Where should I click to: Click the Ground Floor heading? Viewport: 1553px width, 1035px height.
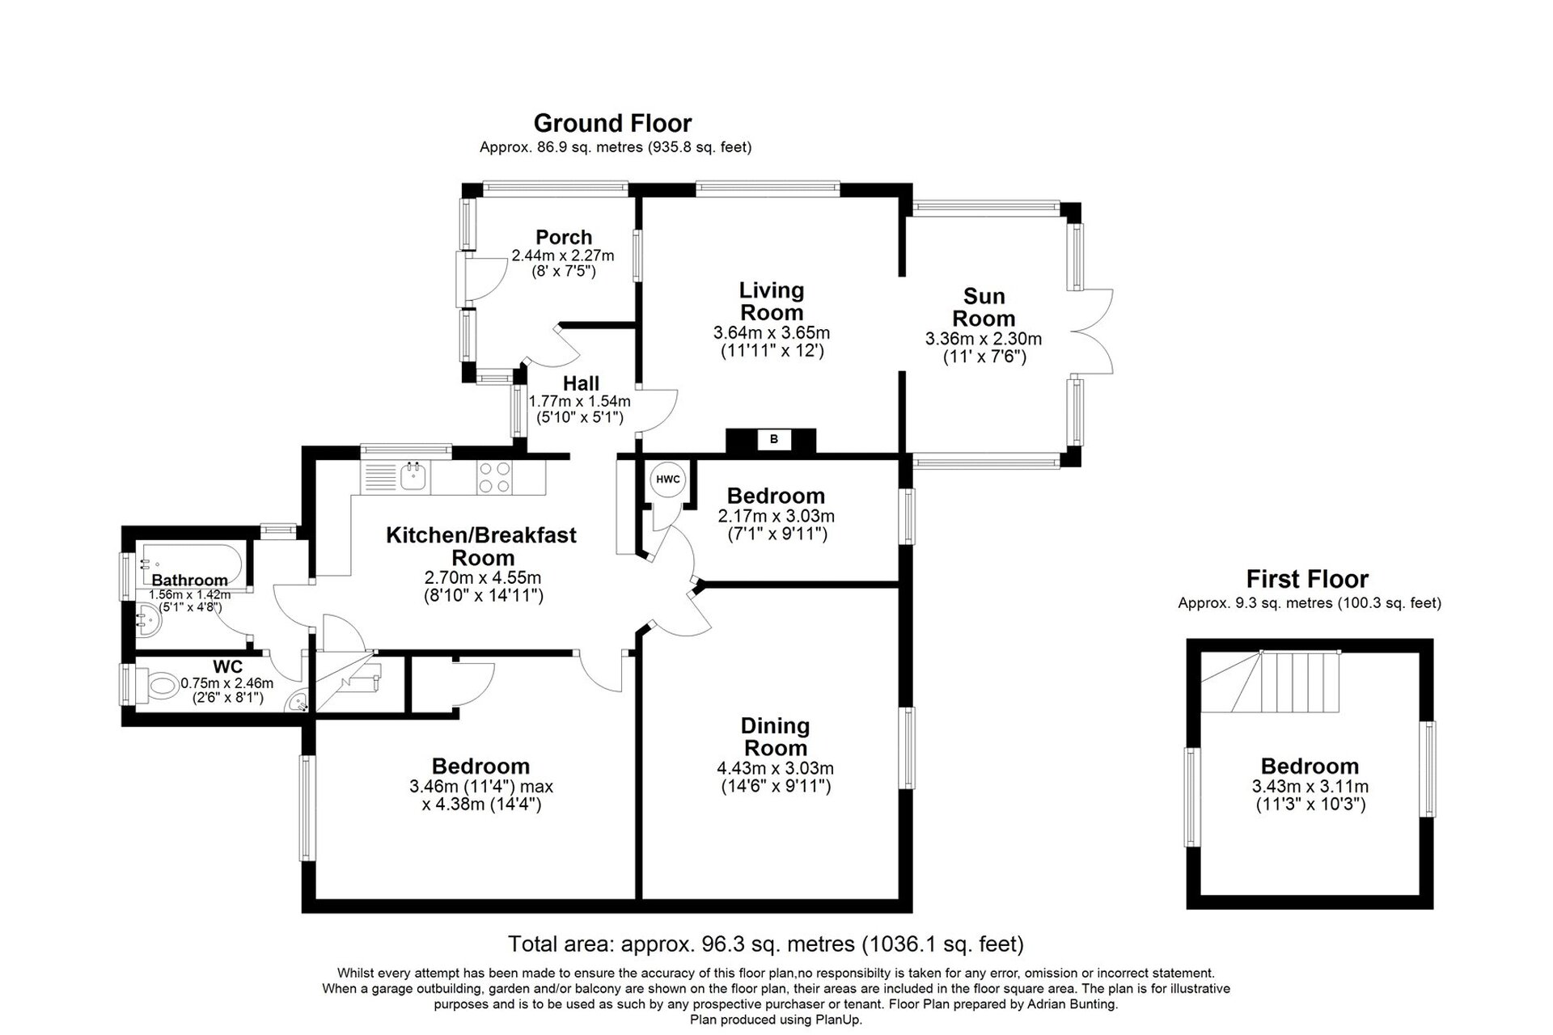(x=612, y=124)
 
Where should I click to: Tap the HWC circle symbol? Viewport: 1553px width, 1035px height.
(x=668, y=479)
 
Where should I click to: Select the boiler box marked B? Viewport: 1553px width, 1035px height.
(x=773, y=440)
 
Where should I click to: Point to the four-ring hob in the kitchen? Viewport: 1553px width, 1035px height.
(x=494, y=476)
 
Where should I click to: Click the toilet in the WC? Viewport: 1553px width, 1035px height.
(x=162, y=687)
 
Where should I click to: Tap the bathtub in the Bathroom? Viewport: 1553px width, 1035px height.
(x=189, y=559)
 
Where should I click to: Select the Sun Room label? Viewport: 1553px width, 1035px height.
(x=984, y=307)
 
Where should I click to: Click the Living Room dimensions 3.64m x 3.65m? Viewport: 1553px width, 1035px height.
(x=771, y=332)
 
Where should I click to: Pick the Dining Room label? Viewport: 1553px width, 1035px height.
(x=775, y=737)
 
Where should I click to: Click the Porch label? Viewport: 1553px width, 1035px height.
(x=564, y=237)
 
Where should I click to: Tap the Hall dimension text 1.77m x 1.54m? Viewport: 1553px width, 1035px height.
(x=579, y=401)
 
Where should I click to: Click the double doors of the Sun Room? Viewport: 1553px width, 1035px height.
(x=1096, y=332)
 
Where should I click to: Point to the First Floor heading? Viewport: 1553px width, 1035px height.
(x=1307, y=579)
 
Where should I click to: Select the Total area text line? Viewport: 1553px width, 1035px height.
(x=765, y=944)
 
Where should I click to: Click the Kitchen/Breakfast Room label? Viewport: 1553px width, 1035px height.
(x=482, y=546)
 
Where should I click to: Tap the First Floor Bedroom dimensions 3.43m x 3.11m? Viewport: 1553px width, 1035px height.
(x=1310, y=786)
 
